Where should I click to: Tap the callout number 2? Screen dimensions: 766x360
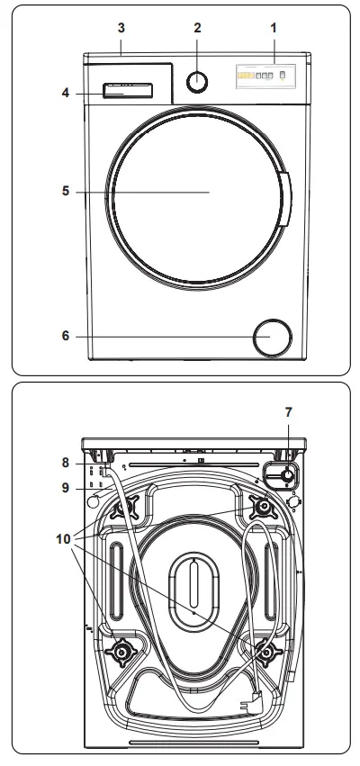click(196, 28)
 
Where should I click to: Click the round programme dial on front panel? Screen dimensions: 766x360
click(197, 81)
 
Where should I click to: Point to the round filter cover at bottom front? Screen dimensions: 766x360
click(272, 338)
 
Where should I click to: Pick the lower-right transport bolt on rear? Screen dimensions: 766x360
click(265, 651)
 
